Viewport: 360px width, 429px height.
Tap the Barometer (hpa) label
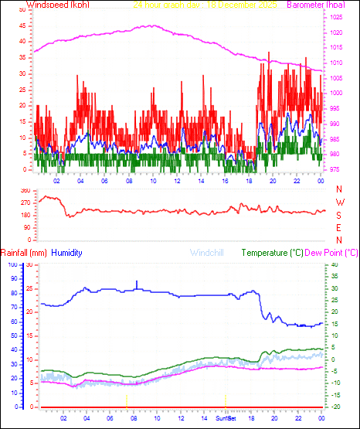317,5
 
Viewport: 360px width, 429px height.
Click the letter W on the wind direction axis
339,203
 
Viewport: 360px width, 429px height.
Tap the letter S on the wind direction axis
339,215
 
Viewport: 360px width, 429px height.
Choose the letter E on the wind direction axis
339,227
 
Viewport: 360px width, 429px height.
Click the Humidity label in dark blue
68,253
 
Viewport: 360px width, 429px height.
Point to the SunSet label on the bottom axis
226,417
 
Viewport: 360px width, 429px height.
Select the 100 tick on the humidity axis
12,265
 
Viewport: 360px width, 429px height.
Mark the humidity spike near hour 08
138,283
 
